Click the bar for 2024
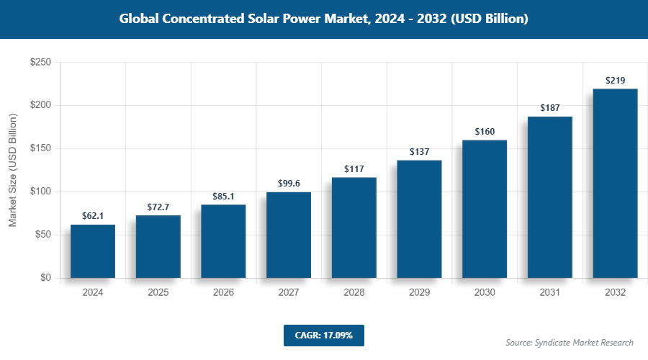[x=93, y=251]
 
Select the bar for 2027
[x=289, y=235]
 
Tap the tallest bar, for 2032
[x=615, y=184]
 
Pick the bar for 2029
[x=419, y=219]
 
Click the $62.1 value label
[x=93, y=215]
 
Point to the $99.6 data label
[x=289, y=183]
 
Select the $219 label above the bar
[x=615, y=80]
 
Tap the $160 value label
[x=485, y=131]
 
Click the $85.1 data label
[x=223, y=196]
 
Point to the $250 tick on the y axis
[x=40, y=63]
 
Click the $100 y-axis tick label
[x=40, y=192]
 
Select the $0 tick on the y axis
[x=45, y=278]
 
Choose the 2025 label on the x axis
[x=158, y=293]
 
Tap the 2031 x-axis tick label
[x=549, y=293]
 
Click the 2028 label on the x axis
[x=354, y=293]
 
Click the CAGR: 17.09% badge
[x=324, y=336]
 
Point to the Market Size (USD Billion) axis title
[x=12, y=170]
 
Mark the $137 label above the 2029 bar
[x=419, y=151]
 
